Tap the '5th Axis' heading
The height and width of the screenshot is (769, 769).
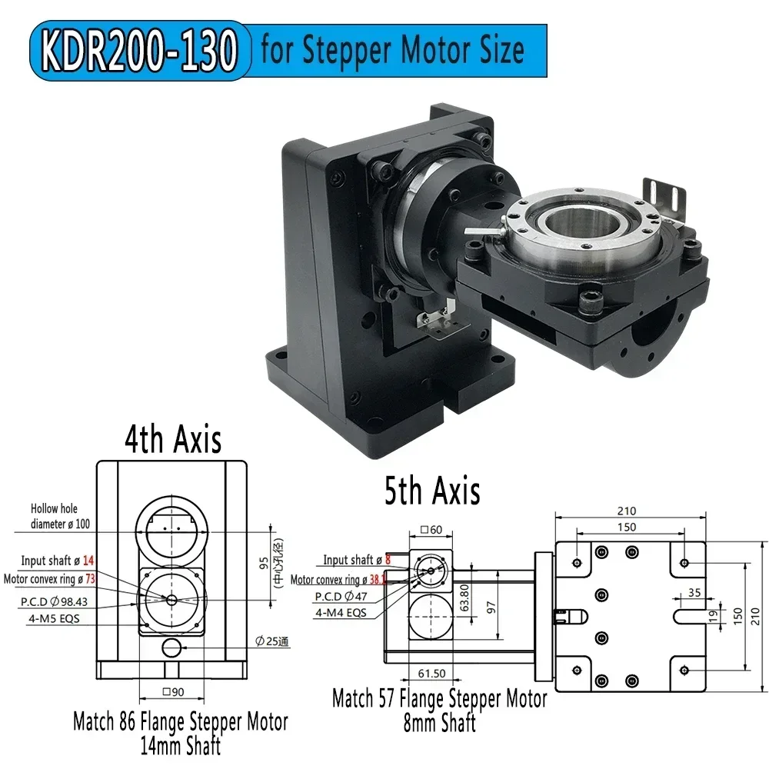(432, 490)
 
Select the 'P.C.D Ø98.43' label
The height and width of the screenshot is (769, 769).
(53, 597)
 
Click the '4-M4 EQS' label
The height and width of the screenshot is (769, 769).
(341, 613)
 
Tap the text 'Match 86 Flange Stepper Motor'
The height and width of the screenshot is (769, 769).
(181, 722)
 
